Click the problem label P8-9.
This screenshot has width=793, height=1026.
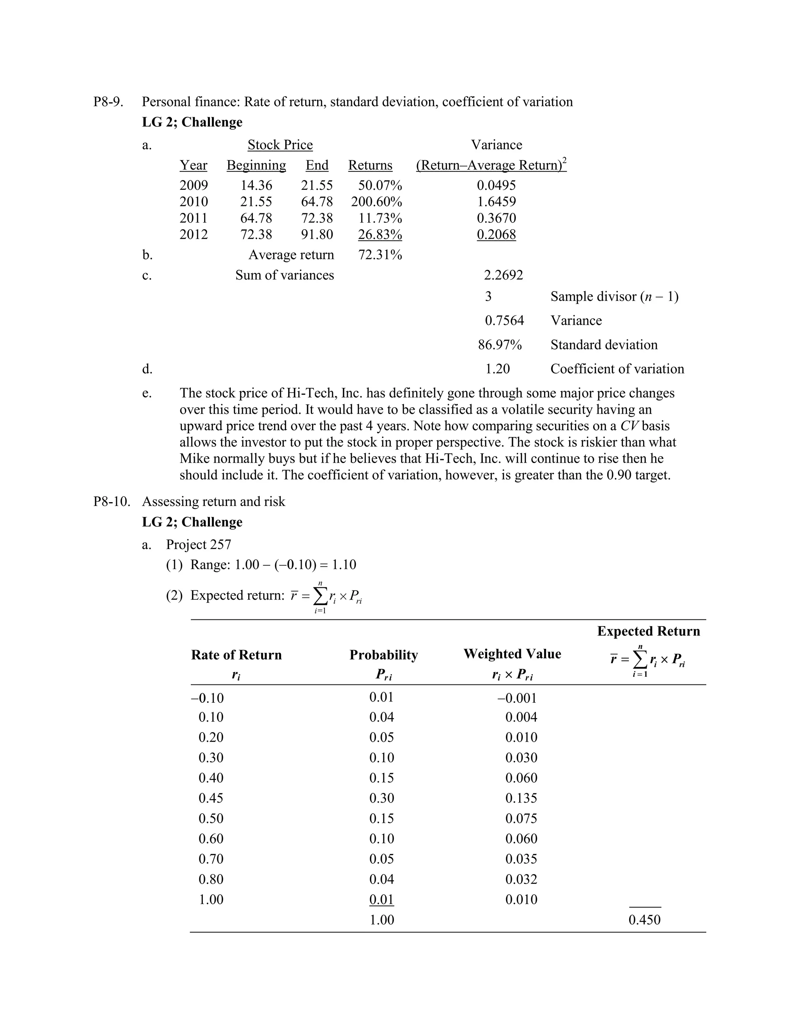[108, 102]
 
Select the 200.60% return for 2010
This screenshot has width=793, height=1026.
[376, 202]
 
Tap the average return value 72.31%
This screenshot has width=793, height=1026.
[380, 255]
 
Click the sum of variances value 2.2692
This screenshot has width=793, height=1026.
[503, 275]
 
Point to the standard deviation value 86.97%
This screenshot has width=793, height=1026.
[500, 345]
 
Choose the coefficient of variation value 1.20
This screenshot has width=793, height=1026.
[498, 369]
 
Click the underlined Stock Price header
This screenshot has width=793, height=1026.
[280, 145]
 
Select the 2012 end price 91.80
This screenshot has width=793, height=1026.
[317, 234]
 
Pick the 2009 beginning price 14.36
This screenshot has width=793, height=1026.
[256, 185]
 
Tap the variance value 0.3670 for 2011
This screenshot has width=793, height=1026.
[496, 218]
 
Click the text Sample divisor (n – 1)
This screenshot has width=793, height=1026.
[614, 297]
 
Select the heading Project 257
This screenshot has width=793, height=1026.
[199, 544]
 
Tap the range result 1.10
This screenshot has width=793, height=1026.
[344, 564]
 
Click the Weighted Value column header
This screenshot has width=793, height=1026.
[512, 654]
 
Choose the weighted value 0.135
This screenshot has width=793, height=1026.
[521, 798]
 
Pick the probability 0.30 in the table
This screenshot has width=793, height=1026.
[381, 798]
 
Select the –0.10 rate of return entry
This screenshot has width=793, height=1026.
[208, 698]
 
